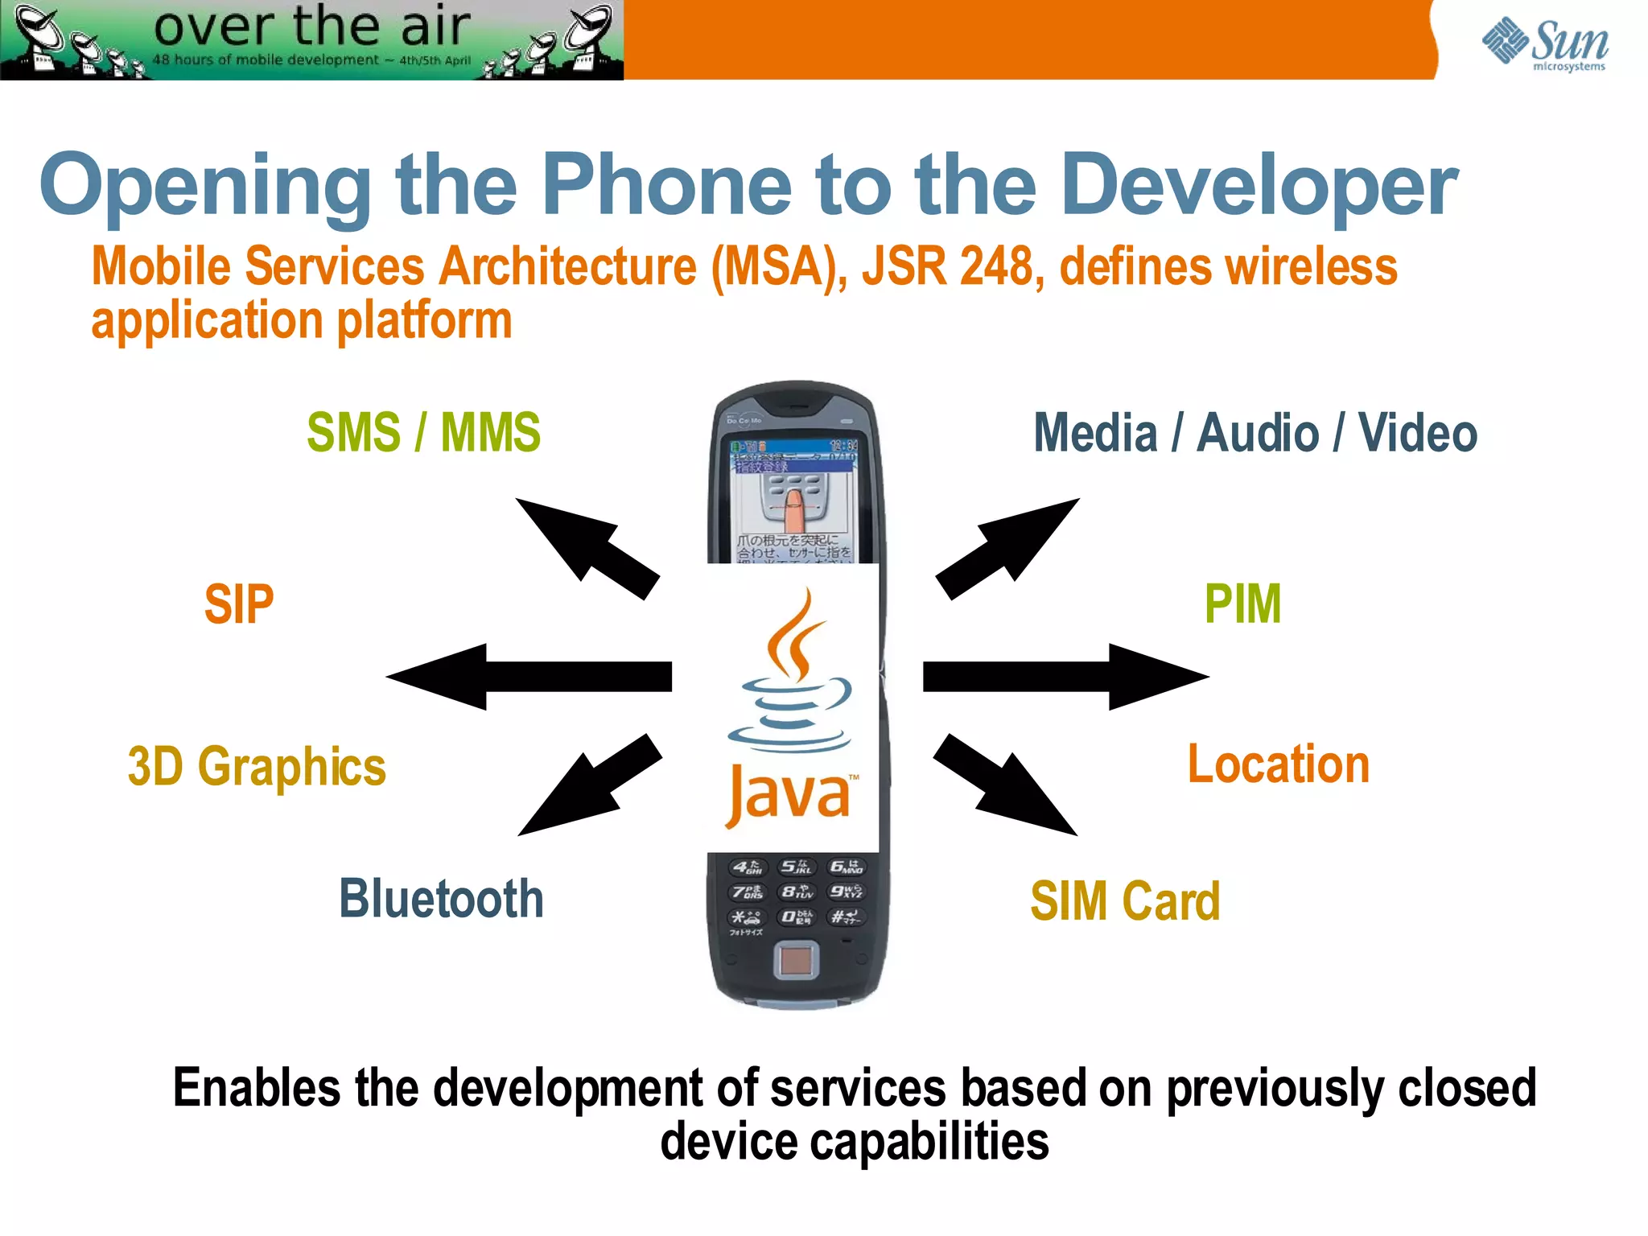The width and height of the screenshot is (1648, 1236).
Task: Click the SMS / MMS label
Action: click(x=423, y=433)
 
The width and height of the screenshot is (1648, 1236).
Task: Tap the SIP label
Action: click(x=239, y=604)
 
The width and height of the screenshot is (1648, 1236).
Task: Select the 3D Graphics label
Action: click(x=257, y=766)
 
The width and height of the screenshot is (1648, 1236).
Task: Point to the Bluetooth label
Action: click(x=441, y=899)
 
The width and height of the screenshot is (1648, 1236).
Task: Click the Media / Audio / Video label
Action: click(x=1255, y=433)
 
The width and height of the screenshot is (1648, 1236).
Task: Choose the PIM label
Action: click(x=1242, y=604)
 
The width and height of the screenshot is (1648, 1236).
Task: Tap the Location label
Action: click(x=1278, y=764)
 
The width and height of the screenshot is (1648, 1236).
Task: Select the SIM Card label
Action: click(x=1125, y=900)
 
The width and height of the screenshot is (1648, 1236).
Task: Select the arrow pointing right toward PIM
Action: click(x=1066, y=677)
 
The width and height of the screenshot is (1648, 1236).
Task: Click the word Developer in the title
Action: click(x=1259, y=187)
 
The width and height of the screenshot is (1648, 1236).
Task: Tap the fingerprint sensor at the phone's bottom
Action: click(x=796, y=961)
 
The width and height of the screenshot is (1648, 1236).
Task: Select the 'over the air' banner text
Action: click(x=312, y=26)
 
